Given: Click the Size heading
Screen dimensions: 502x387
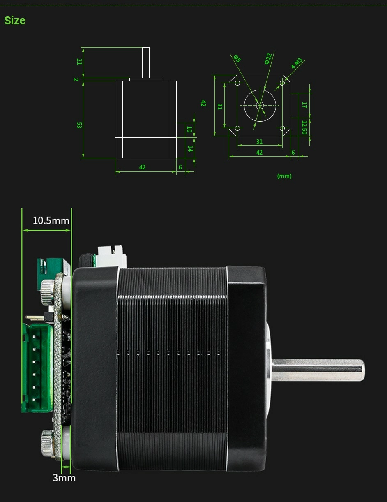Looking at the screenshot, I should click(15, 20).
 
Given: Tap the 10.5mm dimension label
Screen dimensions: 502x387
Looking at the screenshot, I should click(51, 221).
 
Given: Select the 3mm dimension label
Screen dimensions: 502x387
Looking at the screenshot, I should click(64, 478).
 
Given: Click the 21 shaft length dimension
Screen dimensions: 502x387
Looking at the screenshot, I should click(79, 62).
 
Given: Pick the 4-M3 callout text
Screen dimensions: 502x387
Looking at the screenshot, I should click(297, 63).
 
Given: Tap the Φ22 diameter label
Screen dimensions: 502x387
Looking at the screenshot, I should click(268, 59).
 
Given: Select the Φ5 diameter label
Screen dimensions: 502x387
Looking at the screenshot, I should click(237, 58).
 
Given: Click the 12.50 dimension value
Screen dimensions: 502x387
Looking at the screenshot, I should click(304, 127).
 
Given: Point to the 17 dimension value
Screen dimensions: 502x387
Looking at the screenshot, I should click(304, 105).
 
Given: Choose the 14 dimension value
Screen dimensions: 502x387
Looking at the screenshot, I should click(190, 149).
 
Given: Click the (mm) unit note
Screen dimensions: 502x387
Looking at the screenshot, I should click(284, 176).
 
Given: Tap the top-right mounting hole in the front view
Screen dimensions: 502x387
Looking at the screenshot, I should click(282, 83).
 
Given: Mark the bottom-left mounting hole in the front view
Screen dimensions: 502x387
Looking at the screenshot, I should click(237, 128).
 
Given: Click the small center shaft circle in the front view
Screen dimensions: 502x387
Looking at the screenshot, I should click(260, 105).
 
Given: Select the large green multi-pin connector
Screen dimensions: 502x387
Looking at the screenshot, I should click(37, 367).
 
